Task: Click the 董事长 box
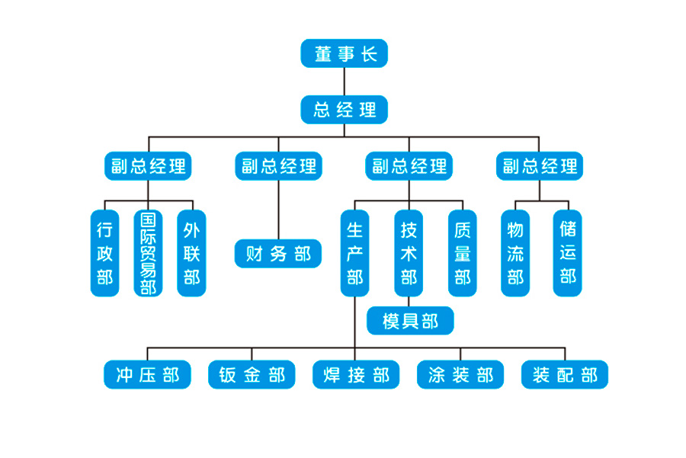point(345,54)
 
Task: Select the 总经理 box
point(345,109)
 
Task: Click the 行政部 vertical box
point(104,253)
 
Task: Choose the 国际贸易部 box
point(148,253)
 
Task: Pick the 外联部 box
point(191,253)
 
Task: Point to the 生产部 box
point(354,253)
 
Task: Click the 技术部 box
point(409,253)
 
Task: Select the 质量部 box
point(463,253)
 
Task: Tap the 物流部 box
point(515,253)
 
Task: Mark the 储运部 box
point(567,253)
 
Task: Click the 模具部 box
point(410,321)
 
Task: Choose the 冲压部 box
point(148,375)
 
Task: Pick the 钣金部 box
point(252,375)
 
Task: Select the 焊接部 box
point(356,375)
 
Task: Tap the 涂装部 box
point(460,375)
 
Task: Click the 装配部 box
point(565,375)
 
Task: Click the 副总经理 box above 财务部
point(278,166)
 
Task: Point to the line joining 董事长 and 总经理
point(345,82)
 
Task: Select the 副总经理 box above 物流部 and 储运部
point(540,166)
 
